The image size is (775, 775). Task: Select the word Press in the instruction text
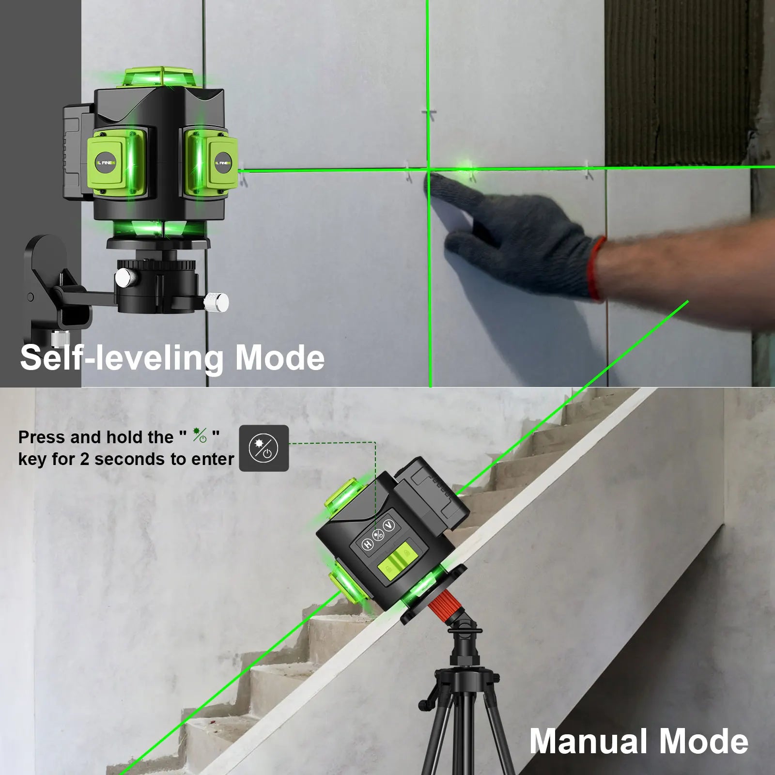42,437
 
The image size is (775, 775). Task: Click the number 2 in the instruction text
84,459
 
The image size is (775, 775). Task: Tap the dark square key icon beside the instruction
264,448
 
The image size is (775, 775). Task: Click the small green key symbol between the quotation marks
200,435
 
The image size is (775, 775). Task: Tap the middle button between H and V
378,535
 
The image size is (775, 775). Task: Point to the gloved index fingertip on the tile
432,179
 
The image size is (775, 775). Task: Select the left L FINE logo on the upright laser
106,163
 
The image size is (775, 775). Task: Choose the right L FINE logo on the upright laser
223,163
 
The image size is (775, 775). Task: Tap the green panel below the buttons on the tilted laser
398,562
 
